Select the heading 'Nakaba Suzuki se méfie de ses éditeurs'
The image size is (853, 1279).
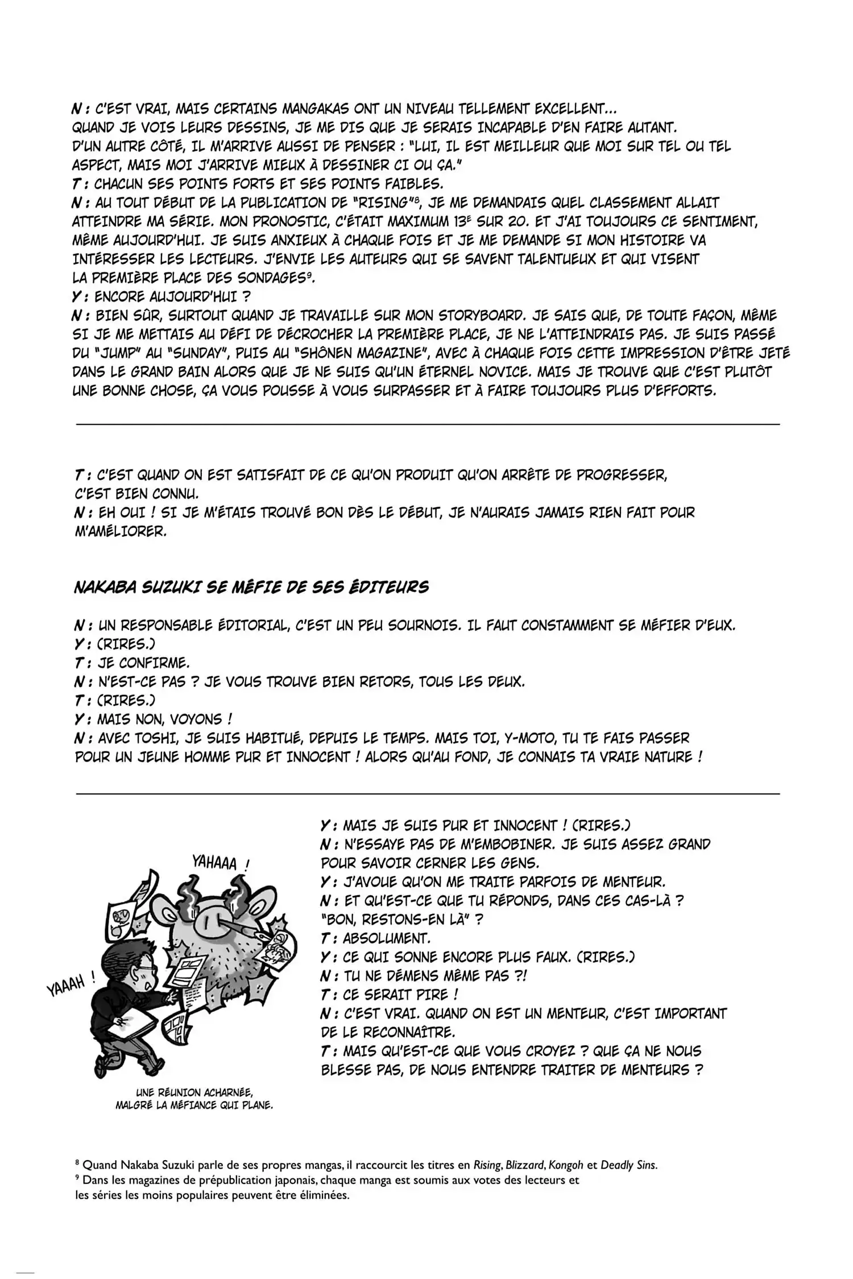[251, 587]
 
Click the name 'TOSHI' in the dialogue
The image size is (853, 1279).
[150, 738]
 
